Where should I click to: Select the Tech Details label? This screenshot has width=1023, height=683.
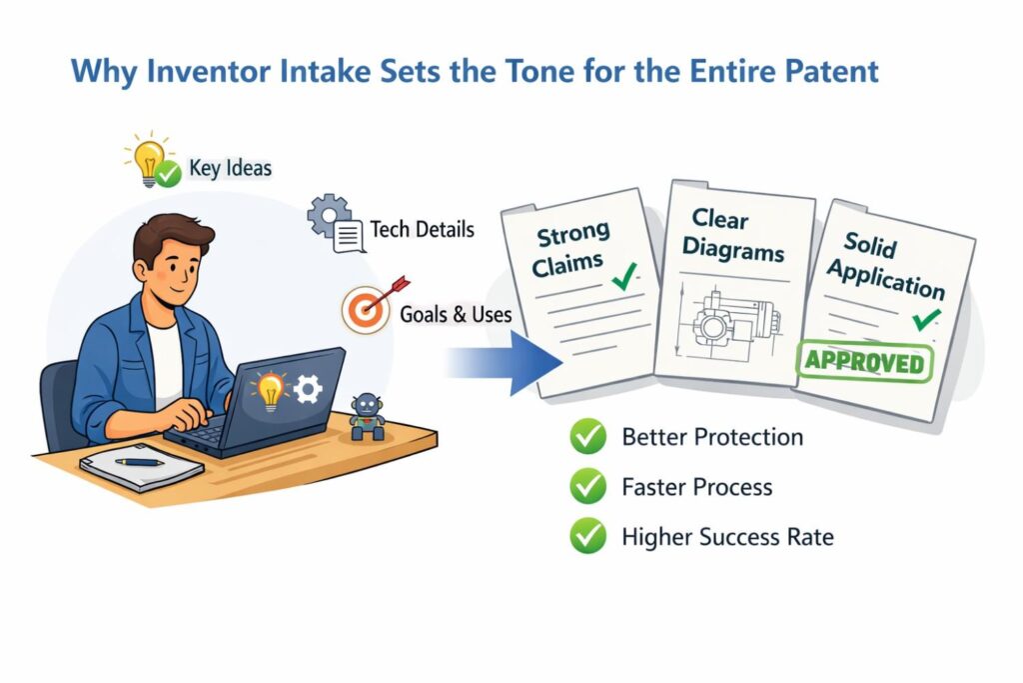[x=423, y=229]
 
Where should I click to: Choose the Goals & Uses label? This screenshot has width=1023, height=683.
[x=456, y=315]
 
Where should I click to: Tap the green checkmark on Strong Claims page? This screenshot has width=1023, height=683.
[x=625, y=277]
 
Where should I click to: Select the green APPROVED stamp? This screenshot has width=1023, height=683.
[x=864, y=361]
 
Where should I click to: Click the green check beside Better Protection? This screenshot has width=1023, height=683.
[x=587, y=436]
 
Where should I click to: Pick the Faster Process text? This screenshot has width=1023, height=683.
[x=696, y=487]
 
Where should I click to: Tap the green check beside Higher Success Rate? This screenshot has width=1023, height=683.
[x=587, y=536]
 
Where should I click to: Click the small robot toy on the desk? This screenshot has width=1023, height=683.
[x=367, y=417]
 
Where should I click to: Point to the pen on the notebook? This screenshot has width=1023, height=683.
[x=140, y=462]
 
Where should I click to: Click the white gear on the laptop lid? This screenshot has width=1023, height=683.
[x=308, y=389]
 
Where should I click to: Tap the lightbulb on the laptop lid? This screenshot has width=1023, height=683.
[x=270, y=391]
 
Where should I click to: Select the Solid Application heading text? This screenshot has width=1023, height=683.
[x=886, y=266]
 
